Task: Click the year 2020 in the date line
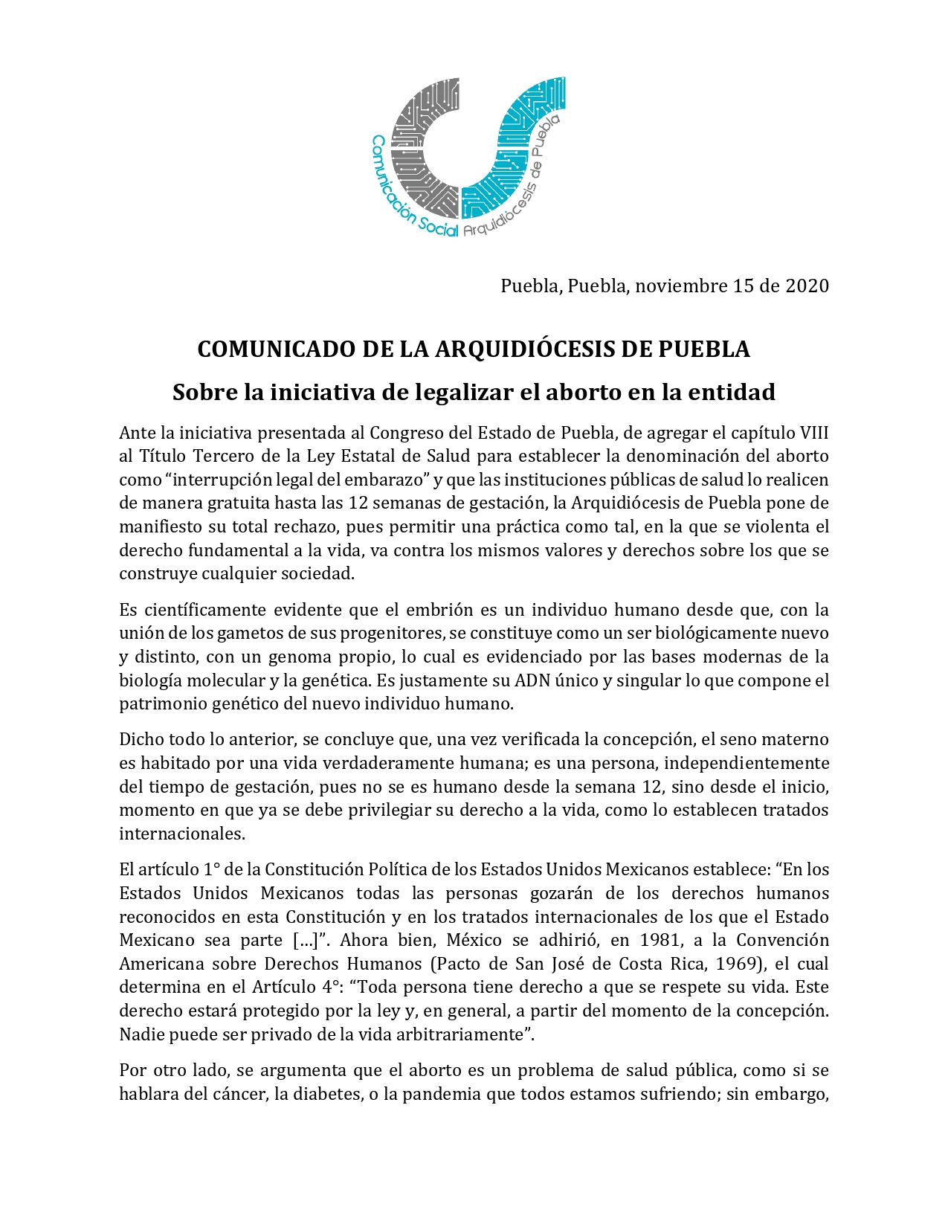tap(807, 286)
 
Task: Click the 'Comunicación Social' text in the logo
tap(405, 193)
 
